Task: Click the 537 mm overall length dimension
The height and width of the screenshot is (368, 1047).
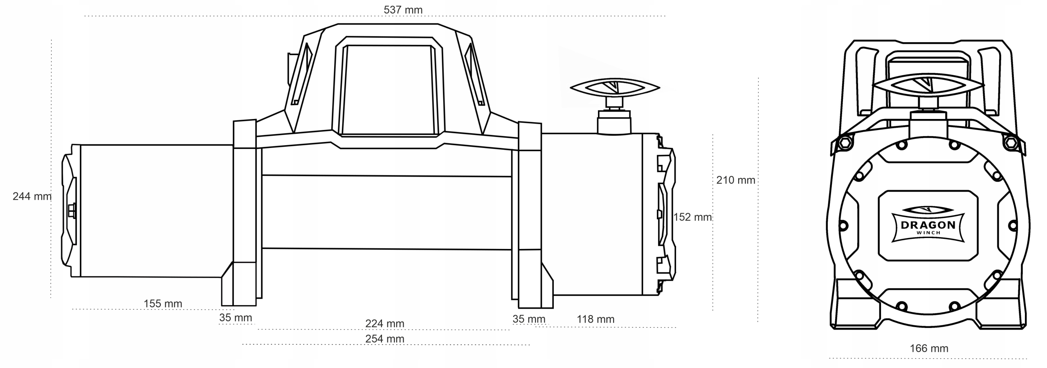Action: (403, 9)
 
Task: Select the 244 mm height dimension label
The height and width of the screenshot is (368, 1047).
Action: (32, 196)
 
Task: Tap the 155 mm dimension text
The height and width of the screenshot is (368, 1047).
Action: (163, 303)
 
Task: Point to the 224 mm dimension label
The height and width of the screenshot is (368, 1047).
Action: (384, 323)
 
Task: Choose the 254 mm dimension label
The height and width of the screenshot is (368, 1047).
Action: (384, 339)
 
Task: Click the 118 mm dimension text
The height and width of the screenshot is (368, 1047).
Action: (595, 319)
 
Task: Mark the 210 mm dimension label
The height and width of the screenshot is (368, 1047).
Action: (736, 180)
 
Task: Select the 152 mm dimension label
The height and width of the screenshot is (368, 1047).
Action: (692, 217)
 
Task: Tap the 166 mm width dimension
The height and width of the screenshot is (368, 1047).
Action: (929, 348)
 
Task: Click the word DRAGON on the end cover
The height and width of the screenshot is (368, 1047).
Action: (928, 225)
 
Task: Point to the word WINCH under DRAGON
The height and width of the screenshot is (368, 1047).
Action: (928, 233)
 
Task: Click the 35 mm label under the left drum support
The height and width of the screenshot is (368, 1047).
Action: (236, 317)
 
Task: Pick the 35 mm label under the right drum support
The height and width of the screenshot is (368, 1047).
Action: (529, 319)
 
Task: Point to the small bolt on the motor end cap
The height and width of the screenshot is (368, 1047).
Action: (72, 211)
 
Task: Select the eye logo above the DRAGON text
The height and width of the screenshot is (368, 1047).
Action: (928, 210)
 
